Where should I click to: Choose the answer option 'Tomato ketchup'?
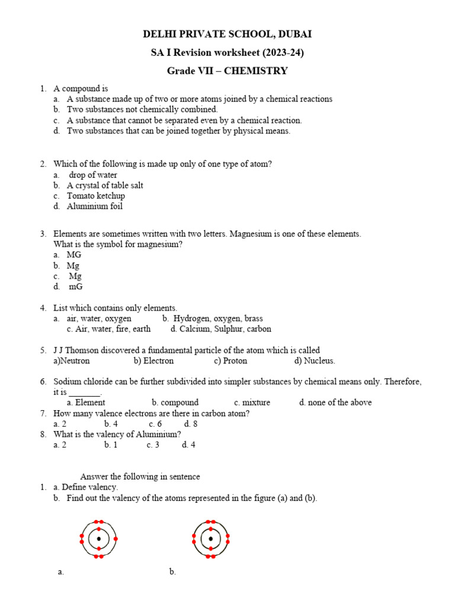click(95, 196)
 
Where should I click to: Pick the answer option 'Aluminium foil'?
click(94, 206)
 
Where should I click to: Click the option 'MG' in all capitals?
click(74, 254)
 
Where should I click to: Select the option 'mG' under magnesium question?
click(76, 286)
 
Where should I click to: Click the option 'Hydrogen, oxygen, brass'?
click(217, 318)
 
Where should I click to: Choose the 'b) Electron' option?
click(153, 360)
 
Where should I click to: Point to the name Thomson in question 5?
click(84, 350)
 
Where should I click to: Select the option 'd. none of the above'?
click(335, 402)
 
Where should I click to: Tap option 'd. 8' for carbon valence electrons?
click(191, 424)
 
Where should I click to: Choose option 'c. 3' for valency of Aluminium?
click(153, 445)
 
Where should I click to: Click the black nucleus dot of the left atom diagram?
click(98, 539)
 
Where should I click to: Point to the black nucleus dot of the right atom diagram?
click(210, 539)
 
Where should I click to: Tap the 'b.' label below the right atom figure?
click(172, 571)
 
